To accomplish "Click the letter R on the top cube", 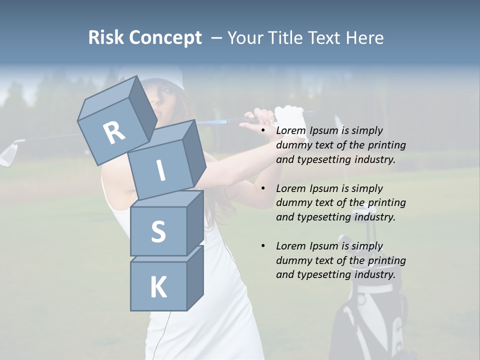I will click(x=114, y=133).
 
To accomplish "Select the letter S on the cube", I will click(x=158, y=231).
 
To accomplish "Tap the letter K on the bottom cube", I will click(x=158, y=287).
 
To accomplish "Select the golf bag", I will click(x=367, y=310).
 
